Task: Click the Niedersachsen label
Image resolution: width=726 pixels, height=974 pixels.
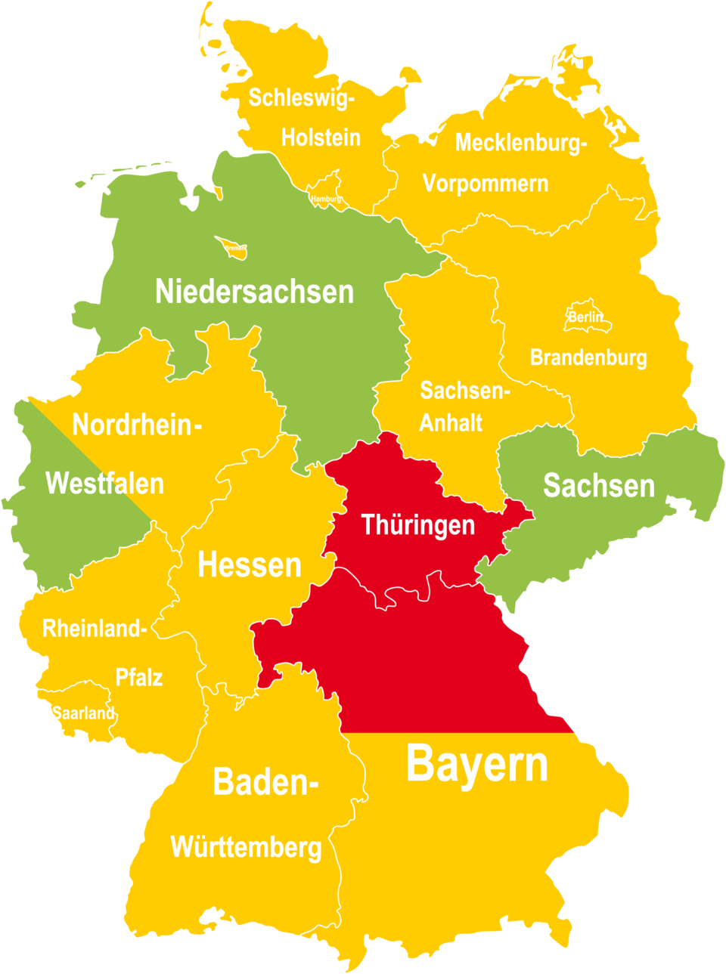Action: pos(254,292)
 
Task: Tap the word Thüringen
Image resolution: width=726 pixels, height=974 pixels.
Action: pos(417,524)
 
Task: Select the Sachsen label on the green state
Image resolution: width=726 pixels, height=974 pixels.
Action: pos(598,486)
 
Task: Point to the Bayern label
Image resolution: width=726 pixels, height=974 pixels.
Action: pos(476,764)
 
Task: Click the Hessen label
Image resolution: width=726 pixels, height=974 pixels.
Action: pos(250,564)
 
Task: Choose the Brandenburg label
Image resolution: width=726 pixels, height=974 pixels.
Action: pos(588,357)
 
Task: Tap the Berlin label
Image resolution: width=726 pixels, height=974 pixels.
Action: pos(585,317)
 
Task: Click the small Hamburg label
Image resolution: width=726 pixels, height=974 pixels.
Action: pos(326,199)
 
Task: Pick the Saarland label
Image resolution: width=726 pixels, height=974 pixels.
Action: pos(83,713)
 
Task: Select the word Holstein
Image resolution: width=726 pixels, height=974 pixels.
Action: pos(321,138)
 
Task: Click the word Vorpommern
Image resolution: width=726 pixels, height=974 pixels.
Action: pos(485,184)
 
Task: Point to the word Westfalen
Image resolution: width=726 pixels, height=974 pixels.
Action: pos(104,484)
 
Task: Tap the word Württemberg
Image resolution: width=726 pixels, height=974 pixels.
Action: pos(246,847)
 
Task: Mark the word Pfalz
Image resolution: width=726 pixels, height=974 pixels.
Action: pos(138,677)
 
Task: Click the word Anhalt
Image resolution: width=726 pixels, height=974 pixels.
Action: pos(451,422)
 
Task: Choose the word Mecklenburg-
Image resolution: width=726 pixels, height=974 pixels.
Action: pos(520,142)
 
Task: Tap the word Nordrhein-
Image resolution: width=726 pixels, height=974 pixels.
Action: pos(136,425)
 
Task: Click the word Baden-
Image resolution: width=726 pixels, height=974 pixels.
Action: pos(265,781)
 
